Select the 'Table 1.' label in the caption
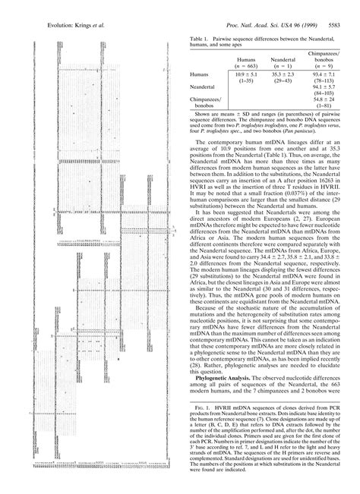pyautogui.click(x=200, y=37)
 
